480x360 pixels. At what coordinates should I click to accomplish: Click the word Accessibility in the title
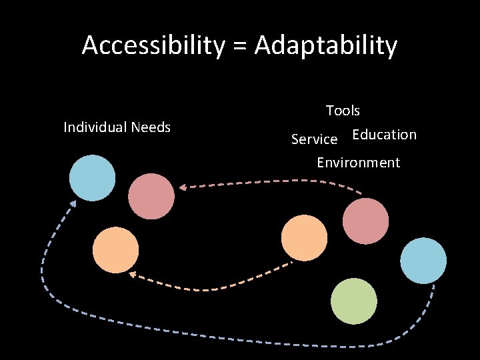(153, 45)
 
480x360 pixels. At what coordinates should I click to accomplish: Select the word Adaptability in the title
(326, 45)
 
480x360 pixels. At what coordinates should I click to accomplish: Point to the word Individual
(95, 127)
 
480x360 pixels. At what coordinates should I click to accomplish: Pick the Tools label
(343, 111)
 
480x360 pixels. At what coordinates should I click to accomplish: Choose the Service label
(314, 139)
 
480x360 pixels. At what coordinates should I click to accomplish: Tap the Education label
(384, 135)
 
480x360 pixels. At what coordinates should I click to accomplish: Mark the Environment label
(358, 163)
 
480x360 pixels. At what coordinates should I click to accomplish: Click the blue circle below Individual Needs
(93, 178)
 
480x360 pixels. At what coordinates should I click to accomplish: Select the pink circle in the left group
(151, 196)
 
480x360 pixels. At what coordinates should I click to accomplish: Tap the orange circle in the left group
(115, 250)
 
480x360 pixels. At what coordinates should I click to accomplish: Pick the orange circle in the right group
(305, 238)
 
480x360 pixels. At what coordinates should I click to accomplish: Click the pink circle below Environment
(365, 221)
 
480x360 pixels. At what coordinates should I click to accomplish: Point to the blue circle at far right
(424, 261)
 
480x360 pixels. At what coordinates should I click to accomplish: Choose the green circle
(354, 301)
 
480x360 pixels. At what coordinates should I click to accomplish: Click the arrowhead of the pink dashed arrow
(183, 187)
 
